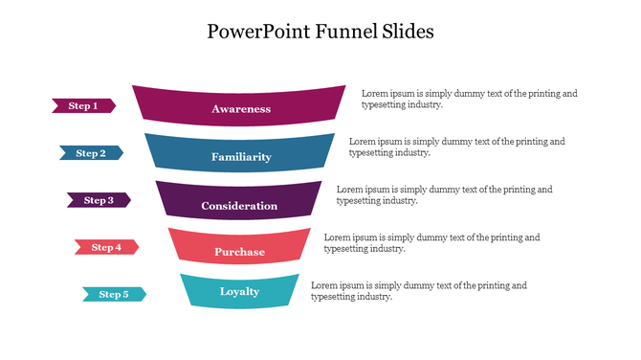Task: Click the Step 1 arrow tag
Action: tap(83, 105)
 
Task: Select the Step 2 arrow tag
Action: tap(91, 153)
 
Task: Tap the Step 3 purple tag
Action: tap(99, 200)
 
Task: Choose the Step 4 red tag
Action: tap(106, 247)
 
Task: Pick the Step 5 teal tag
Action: tap(114, 294)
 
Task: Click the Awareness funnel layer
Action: tap(240, 108)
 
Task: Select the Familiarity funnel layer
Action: tap(240, 156)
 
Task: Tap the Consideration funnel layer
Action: tap(239, 205)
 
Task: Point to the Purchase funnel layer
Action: tap(239, 251)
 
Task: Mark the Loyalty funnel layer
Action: tap(239, 291)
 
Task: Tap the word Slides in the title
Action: tap(406, 32)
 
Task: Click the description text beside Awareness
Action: tap(469, 99)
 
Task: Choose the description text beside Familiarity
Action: tap(456, 146)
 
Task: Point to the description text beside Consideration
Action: tap(444, 194)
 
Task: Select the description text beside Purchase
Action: tap(431, 242)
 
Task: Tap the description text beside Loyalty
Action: tap(419, 291)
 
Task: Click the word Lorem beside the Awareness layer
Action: tap(375, 94)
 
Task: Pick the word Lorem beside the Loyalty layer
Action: tap(324, 285)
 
